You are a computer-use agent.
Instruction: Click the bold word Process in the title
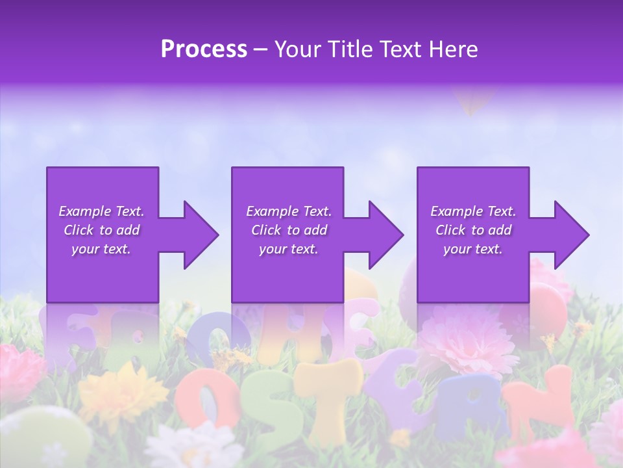click(x=204, y=49)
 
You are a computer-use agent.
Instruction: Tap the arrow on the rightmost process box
click(x=570, y=235)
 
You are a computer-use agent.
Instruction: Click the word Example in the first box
click(x=84, y=211)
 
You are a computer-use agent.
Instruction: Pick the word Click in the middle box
click(x=266, y=230)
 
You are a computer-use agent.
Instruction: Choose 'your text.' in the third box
click(x=472, y=249)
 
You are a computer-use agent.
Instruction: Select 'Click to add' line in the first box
click(x=101, y=230)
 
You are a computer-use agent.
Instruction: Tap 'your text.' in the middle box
click(x=288, y=249)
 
